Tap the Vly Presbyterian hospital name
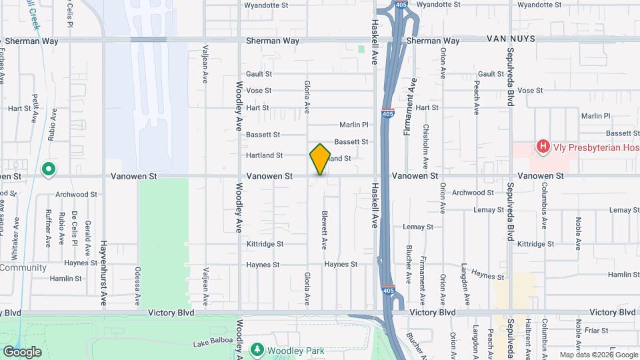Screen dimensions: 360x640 (595, 146)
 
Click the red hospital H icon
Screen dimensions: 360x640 (543, 146)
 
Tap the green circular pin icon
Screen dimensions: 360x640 (48, 170)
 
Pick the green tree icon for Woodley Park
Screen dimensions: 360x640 (257, 349)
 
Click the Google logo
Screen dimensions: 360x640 (22, 351)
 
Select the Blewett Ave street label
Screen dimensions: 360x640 (324, 231)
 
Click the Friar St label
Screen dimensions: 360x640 (596, 330)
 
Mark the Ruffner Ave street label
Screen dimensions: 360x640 (47, 229)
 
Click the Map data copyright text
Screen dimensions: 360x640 (597, 355)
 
